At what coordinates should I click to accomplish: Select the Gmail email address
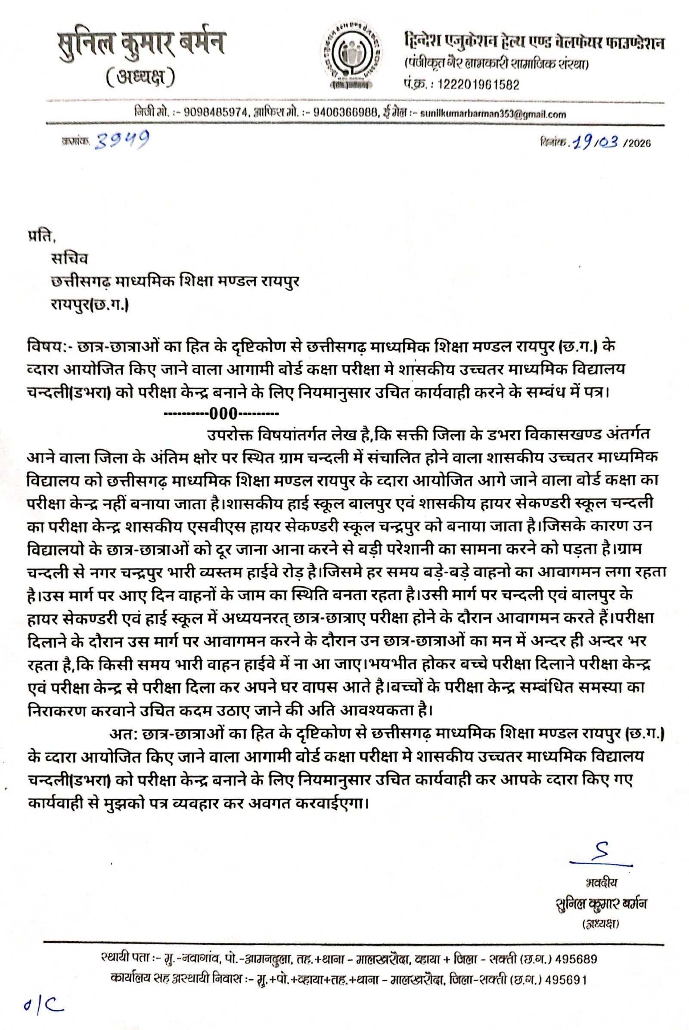tap(493, 114)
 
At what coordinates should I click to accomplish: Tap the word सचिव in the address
tap(69, 259)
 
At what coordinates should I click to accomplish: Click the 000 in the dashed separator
tap(223, 413)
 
